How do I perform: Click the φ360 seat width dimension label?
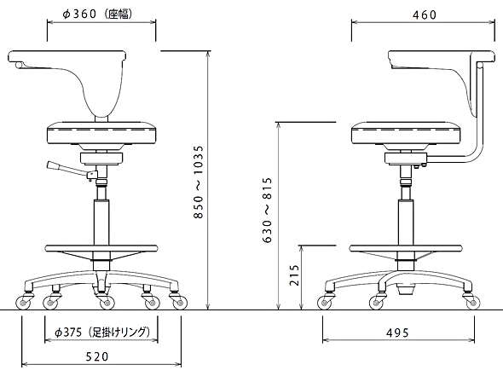click(97, 14)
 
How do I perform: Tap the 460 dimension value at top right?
click(425, 14)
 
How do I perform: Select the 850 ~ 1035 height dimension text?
click(199, 182)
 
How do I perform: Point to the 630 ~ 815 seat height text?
click(267, 210)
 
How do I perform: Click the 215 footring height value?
click(294, 275)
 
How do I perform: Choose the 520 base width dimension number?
click(97, 356)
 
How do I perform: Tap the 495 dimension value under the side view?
click(397, 333)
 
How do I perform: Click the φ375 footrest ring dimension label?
click(102, 332)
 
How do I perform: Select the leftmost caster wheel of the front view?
click(22, 303)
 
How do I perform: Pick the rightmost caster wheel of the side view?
click(473, 303)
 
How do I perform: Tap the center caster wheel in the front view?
click(107, 303)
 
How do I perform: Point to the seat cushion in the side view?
click(407, 133)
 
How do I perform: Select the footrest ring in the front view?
click(101, 248)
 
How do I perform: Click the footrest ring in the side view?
click(406, 248)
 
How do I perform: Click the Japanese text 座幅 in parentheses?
click(118, 14)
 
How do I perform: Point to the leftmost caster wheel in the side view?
click(324, 303)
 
